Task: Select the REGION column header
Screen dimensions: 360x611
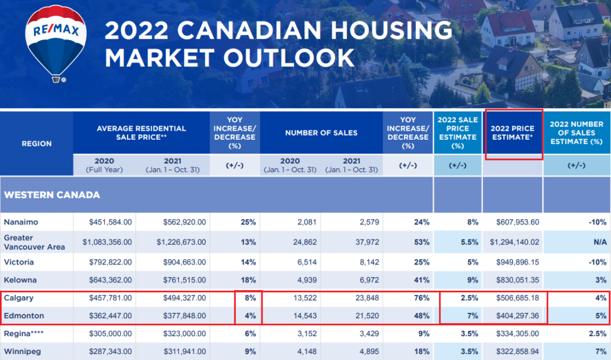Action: click(x=36, y=143)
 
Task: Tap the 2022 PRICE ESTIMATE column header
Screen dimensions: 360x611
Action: click(x=513, y=133)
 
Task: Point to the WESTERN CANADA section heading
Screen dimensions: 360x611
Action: click(x=53, y=195)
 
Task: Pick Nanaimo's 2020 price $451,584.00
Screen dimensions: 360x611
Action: click(x=110, y=222)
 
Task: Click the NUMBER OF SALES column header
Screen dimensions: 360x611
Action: click(x=321, y=133)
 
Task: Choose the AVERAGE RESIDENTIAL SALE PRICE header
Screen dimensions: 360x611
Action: click(x=141, y=133)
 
